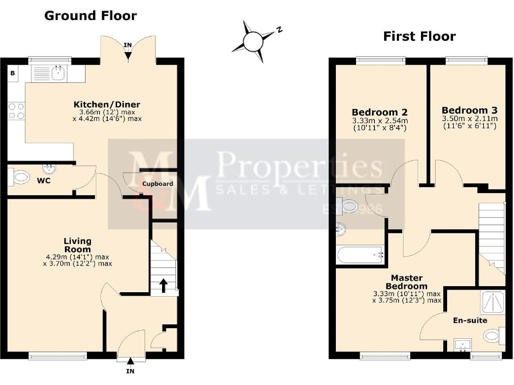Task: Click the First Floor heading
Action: [x=419, y=36]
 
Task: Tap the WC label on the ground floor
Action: [x=44, y=180]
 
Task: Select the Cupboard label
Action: [x=157, y=183]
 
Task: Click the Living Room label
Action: [x=78, y=245]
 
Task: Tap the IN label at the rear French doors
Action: [x=128, y=45]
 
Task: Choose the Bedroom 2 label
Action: [x=379, y=112]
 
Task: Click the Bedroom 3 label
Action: [x=469, y=110]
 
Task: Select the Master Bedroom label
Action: [x=406, y=281]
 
